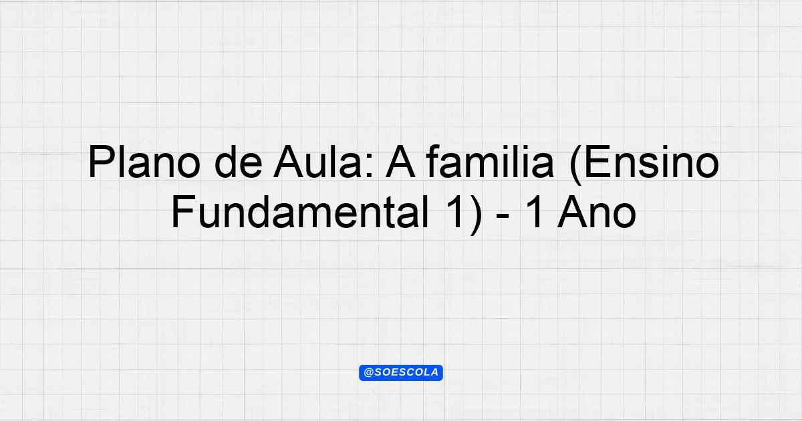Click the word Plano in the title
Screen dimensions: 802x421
tap(144, 162)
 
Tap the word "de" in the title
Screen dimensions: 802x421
tap(239, 162)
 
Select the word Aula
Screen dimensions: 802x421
tap(318, 162)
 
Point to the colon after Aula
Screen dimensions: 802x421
tap(370, 166)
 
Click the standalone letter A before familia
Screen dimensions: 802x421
tap(400, 162)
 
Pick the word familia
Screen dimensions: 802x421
tap(490, 162)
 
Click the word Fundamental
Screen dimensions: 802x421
tap(300, 212)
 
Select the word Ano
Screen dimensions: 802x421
tap(597, 212)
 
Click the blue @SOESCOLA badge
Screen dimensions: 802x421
tap(401, 373)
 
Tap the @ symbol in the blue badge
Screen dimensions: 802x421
tap(369, 373)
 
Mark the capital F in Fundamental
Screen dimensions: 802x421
tap(183, 212)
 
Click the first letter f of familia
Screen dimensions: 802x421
tap(433, 161)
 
